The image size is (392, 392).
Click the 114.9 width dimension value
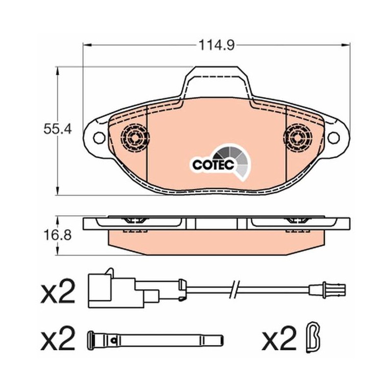(x=217, y=45)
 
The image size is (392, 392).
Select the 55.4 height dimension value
(x=57, y=129)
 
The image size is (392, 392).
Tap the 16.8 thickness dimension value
(x=57, y=235)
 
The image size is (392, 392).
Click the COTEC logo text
(x=213, y=165)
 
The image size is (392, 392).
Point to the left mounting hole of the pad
(x=99, y=138)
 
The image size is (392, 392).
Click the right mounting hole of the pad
(x=334, y=138)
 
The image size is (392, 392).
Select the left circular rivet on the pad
(x=135, y=138)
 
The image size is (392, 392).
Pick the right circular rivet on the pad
(x=298, y=138)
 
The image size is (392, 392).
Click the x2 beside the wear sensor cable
(x=58, y=291)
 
